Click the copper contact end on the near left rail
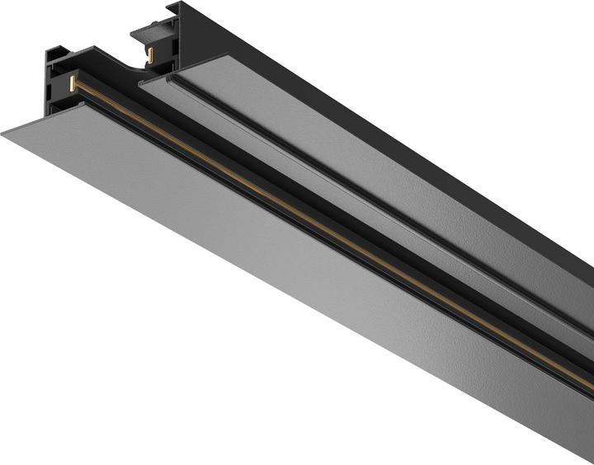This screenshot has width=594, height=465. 73,82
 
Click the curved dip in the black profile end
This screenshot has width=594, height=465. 124,63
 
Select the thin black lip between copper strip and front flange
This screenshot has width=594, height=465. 330,247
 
